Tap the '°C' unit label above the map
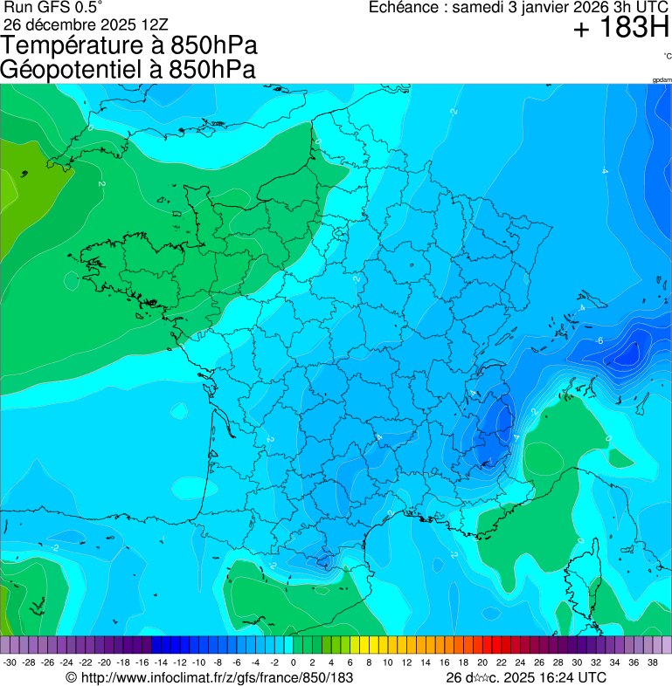(x=667, y=57)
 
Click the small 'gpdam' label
(x=662, y=80)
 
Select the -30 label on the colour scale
(x=10, y=662)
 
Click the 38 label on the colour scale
(x=653, y=662)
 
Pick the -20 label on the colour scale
(x=104, y=662)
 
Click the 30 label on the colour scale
(x=577, y=662)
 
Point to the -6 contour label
(x=599, y=340)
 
